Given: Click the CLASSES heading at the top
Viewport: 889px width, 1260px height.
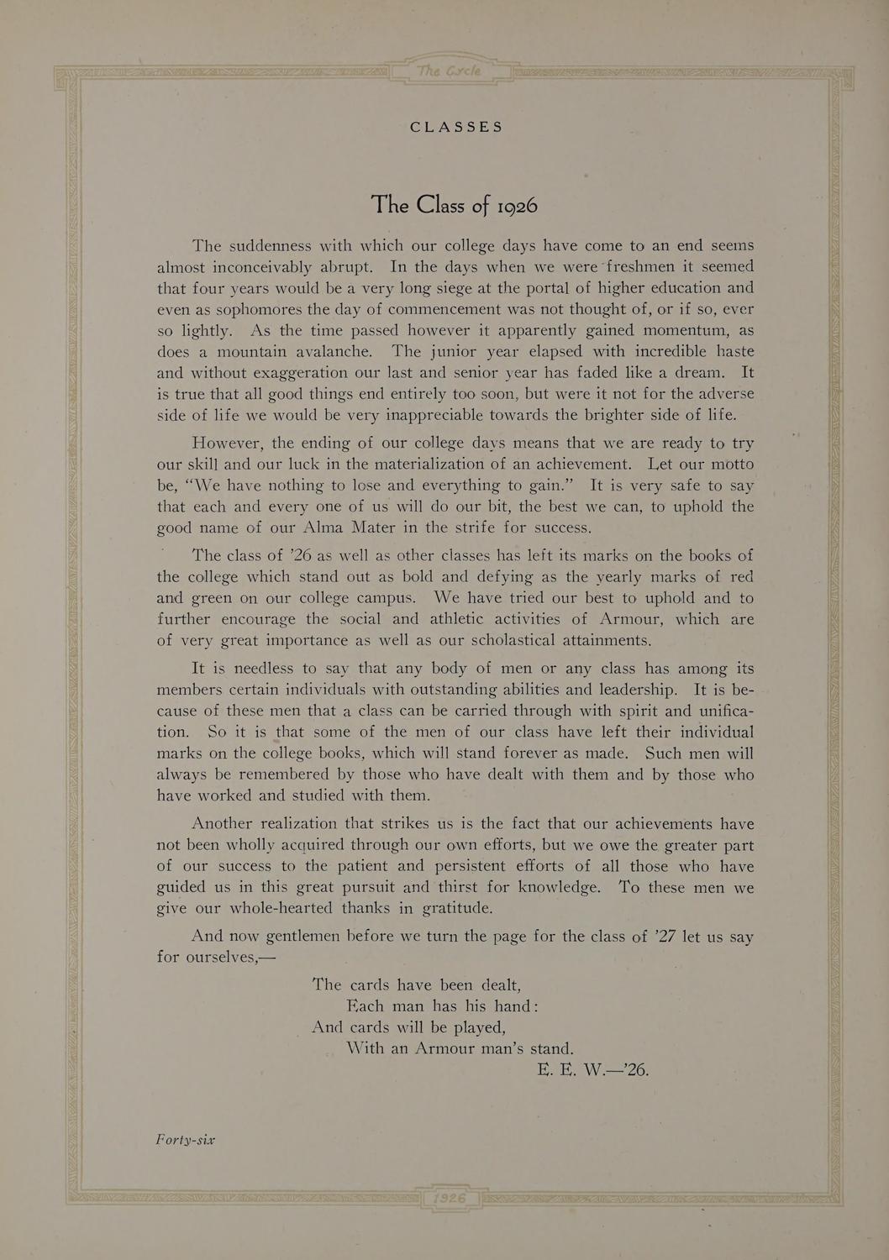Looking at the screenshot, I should coord(456,127).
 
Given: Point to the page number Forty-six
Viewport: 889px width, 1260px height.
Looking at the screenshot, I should coord(186,1140).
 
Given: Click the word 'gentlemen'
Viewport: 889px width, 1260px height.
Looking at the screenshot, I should coord(302,937).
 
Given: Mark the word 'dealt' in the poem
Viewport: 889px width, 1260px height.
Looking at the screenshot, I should coord(498,985).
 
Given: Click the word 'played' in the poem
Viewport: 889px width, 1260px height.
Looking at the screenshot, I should coord(478,1027).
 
